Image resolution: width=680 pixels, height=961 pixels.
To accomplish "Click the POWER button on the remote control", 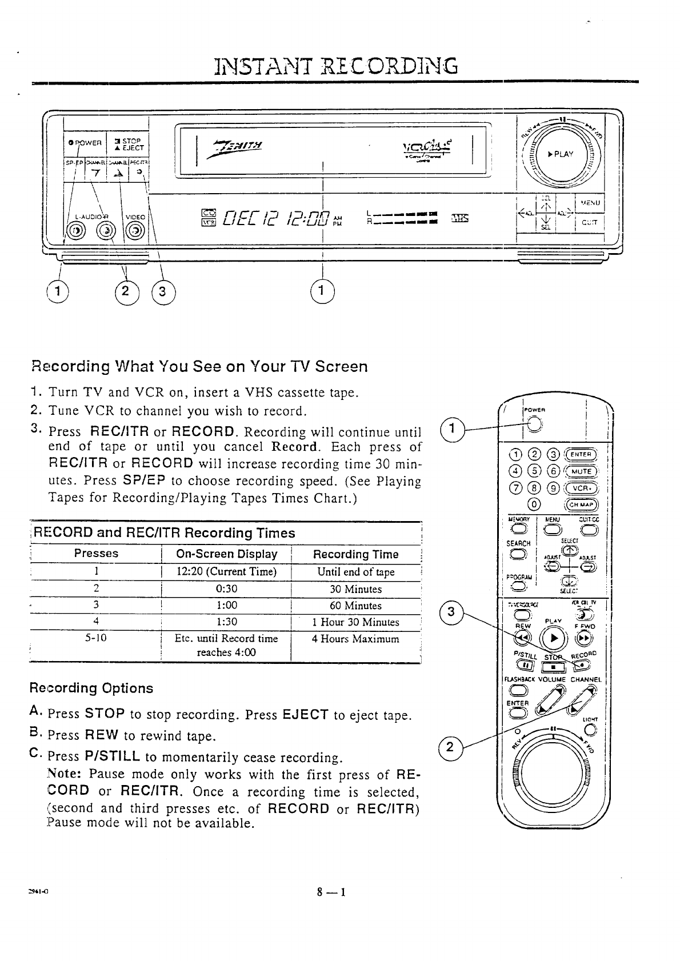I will [x=533, y=424].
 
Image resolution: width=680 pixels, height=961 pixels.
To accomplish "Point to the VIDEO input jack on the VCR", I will [x=135, y=231].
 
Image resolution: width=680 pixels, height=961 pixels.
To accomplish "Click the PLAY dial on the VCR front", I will [x=563, y=154].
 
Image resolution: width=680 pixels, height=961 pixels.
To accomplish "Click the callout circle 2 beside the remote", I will [x=450, y=747].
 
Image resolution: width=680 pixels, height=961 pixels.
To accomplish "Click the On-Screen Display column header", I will [x=226, y=554].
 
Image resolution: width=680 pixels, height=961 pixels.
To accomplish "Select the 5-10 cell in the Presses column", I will [x=96, y=638].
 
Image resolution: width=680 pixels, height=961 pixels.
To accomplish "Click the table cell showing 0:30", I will [x=226, y=589].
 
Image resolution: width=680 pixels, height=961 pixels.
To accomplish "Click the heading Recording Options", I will [x=91, y=688].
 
